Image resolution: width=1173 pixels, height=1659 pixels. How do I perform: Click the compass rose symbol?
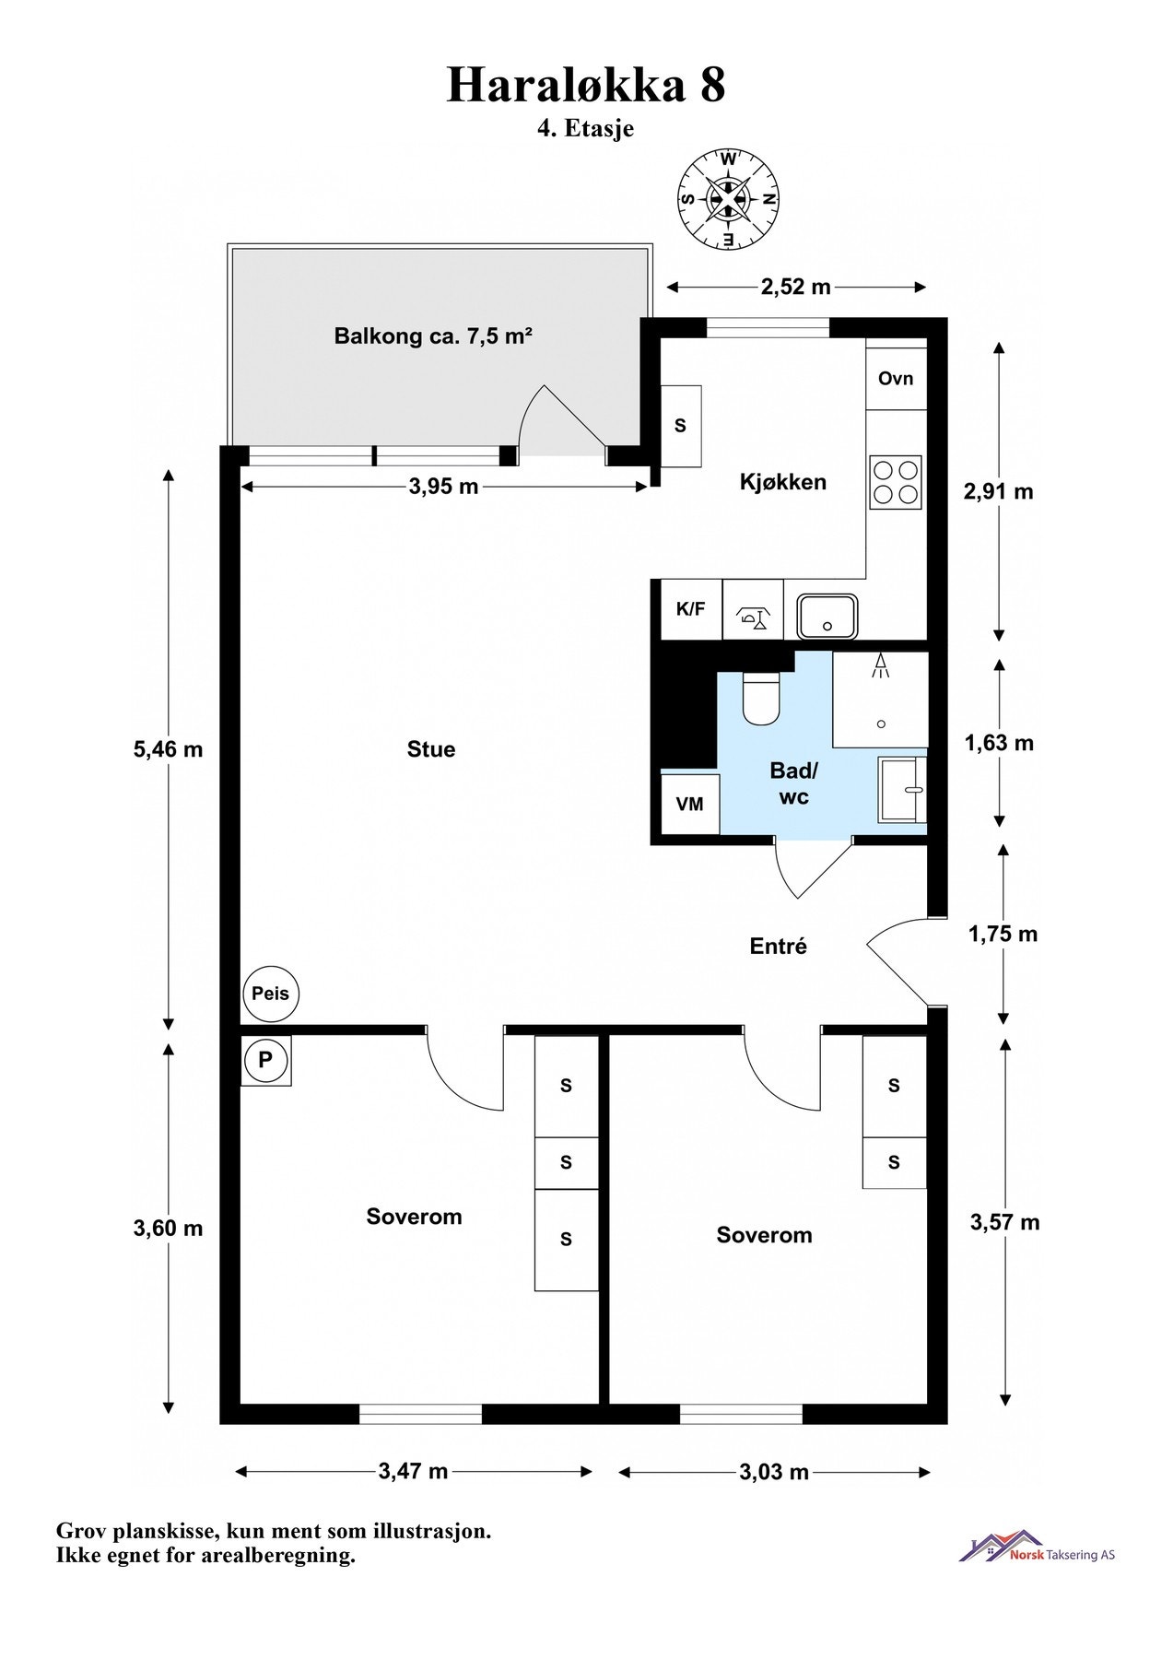tap(728, 199)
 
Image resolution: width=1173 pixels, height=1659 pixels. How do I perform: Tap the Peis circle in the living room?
tap(271, 994)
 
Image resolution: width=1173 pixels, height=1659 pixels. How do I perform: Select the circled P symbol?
tap(265, 1060)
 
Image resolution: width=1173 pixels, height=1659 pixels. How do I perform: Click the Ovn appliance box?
tap(896, 378)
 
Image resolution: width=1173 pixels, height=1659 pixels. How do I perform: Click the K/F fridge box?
tap(691, 609)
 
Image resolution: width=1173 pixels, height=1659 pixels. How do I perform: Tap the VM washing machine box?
tap(690, 804)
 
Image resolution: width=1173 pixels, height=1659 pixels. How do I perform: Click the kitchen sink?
tap(828, 616)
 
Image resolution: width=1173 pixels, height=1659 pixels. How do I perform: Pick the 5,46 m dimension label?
tap(168, 749)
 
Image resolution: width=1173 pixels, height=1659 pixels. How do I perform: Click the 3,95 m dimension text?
tap(443, 486)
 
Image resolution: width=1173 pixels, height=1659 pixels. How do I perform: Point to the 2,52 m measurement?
tap(796, 287)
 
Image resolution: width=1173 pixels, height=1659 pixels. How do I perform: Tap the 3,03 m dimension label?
tap(774, 1472)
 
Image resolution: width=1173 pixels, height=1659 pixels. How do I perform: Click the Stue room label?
tap(431, 749)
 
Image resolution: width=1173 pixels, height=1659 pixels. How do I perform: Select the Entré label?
tap(779, 947)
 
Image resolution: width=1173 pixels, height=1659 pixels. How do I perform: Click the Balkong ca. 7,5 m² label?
tap(434, 336)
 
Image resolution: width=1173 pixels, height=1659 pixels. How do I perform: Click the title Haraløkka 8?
tap(586, 85)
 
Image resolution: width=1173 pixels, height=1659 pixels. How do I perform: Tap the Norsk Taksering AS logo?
tap(1038, 1547)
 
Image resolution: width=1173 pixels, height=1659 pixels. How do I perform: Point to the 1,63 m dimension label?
tap(999, 743)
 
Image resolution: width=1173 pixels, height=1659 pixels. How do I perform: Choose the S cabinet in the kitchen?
tap(682, 426)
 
